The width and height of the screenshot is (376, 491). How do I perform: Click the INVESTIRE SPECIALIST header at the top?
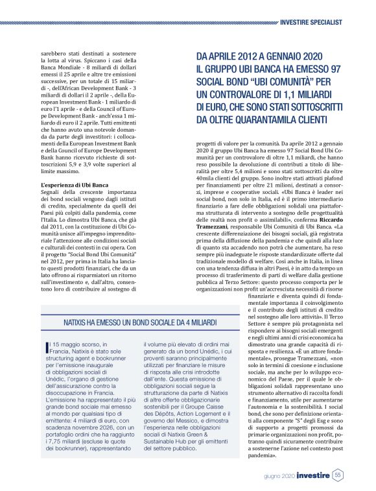click(324, 22)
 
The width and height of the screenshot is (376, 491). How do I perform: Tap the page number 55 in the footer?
click(338, 476)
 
